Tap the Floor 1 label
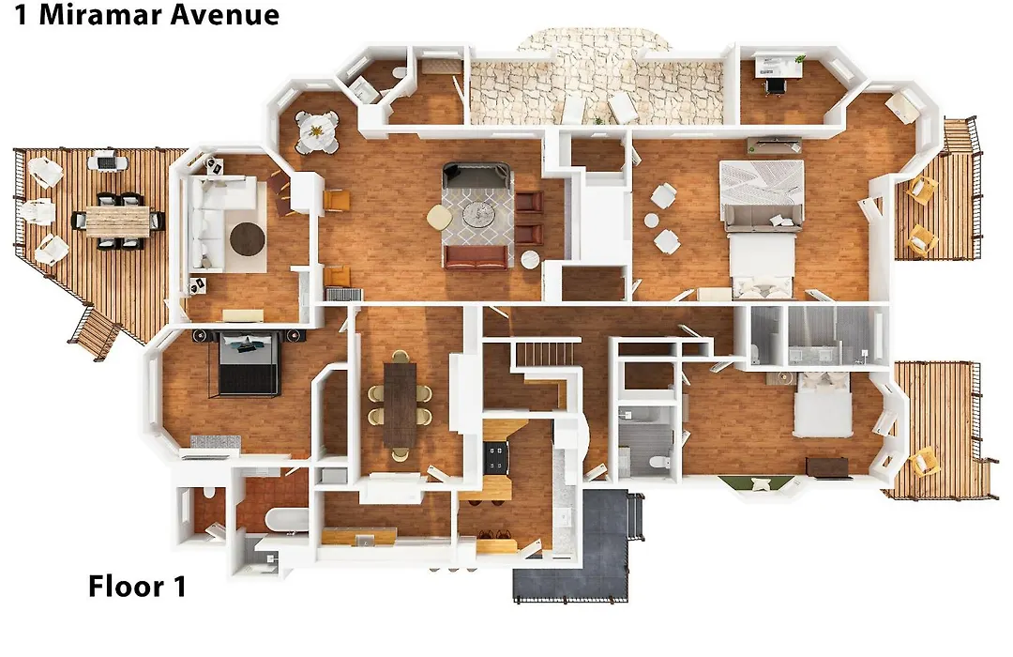point(137,587)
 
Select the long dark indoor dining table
point(401,405)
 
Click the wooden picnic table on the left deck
point(118,220)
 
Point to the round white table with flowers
point(317,131)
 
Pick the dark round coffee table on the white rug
point(248,239)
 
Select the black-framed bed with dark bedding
point(248,362)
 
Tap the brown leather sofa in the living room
point(476,257)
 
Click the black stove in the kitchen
point(496,457)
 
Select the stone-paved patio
point(597,84)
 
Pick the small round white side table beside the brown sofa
point(531,259)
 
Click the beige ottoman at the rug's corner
point(440,217)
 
